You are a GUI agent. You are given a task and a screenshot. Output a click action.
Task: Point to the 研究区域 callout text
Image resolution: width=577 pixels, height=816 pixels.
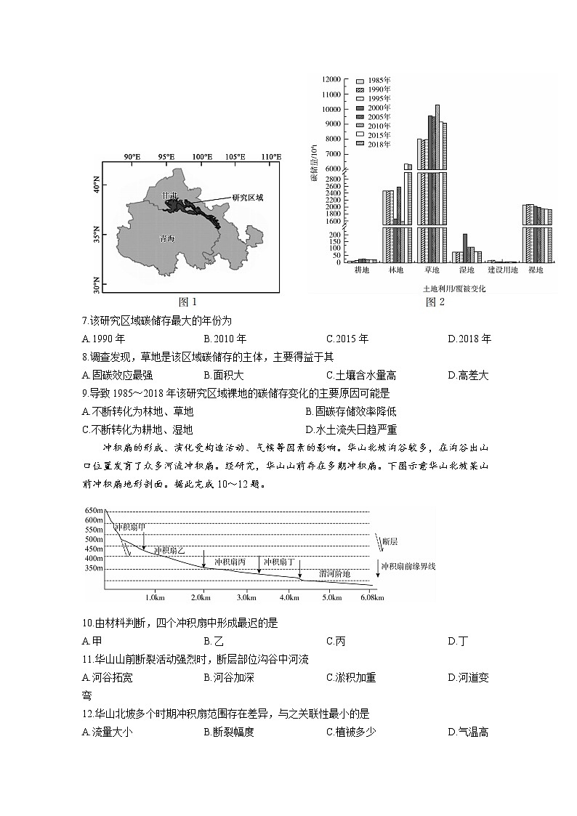pos(247,198)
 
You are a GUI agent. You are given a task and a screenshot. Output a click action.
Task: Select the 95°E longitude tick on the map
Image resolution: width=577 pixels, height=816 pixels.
pos(166,157)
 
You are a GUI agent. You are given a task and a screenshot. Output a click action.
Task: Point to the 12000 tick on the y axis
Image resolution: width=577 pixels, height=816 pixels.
pos(331,78)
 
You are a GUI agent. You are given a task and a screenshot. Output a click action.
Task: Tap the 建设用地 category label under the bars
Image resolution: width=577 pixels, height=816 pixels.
pos(502,270)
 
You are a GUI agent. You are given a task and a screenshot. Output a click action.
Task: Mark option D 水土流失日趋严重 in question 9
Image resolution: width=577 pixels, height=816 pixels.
pos(351,429)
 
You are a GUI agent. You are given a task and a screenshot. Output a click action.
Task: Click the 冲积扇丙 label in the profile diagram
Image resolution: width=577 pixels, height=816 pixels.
pos(230,562)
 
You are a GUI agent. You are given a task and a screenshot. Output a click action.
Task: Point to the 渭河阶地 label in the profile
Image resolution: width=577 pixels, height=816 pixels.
pos(334,574)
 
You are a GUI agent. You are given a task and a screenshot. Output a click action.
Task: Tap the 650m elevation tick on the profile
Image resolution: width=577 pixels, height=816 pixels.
pos(94,509)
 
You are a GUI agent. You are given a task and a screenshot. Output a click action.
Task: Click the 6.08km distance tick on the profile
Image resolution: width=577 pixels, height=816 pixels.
pos(372,597)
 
